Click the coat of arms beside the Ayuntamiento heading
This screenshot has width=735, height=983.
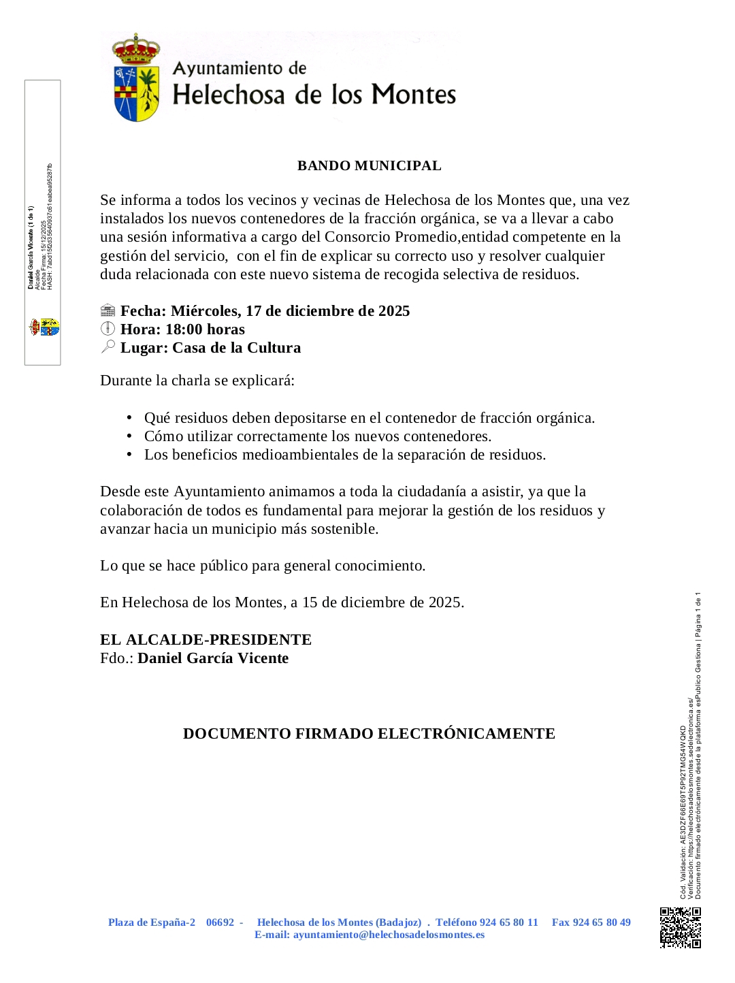pyautogui.click(x=136, y=78)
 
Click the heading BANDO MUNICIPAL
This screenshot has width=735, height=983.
pyautogui.click(x=369, y=166)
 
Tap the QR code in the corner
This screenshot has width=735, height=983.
pyautogui.click(x=680, y=927)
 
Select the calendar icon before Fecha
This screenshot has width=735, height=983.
pyautogui.click(x=108, y=311)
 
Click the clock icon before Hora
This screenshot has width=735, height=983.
pyautogui.click(x=108, y=329)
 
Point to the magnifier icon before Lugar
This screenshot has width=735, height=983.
pyautogui.click(x=108, y=347)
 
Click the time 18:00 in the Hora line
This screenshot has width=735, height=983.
pyautogui.click(x=184, y=329)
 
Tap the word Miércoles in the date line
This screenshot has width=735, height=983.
pyautogui.click(x=205, y=311)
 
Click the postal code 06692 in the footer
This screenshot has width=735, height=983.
pyautogui.click(x=220, y=922)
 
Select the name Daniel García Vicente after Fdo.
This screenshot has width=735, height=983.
pyautogui.click(x=213, y=658)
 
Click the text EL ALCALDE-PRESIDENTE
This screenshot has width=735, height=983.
pyautogui.click(x=206, y=640)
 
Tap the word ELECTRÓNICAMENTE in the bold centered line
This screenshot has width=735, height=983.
pyautogui.click(x=466, y=734)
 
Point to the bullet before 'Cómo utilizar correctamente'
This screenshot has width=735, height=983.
pyautogui.click(x=129, y=436)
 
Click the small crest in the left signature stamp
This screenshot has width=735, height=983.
pyautogui.click(x=44, y=327)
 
